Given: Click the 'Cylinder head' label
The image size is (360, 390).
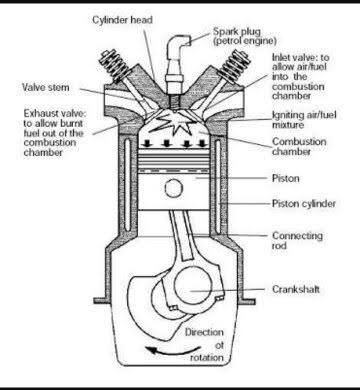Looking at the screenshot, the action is [122, 20].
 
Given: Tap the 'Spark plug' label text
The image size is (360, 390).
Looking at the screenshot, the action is [237, 32].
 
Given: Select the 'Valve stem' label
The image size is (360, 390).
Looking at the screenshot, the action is [46, 87].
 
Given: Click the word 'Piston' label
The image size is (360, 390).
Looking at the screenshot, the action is [286, 178].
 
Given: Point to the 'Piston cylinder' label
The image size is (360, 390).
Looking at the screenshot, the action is [304, 203].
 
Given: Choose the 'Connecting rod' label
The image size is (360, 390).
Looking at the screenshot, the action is [297, 241].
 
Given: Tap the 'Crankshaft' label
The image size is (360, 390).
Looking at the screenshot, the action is [296, 289].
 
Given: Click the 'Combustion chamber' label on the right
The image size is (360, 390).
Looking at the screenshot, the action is [299, 146].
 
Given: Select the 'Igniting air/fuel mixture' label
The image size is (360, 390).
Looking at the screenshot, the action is [304, 120].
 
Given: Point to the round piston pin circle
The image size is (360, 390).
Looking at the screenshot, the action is [174, 189].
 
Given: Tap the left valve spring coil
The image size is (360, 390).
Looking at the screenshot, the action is [116, 65].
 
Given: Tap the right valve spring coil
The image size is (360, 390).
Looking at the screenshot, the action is [233, 65].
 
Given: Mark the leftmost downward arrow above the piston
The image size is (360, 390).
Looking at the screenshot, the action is [146, 144].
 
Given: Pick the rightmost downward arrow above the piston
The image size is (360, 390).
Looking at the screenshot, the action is [202, 144].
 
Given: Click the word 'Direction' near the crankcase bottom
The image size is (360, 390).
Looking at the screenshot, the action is [204, 332].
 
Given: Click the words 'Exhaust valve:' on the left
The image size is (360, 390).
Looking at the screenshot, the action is [55, 114].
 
